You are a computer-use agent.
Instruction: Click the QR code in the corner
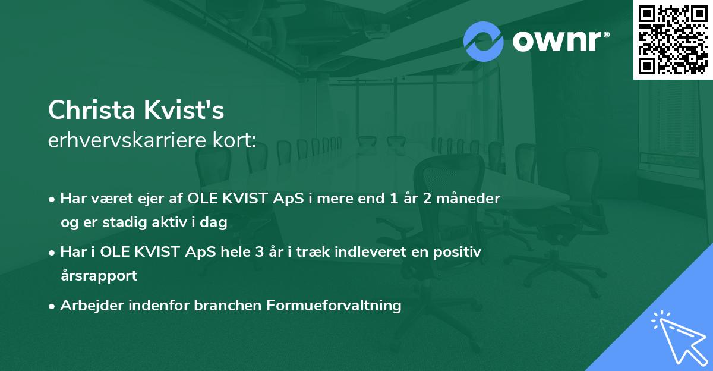pyautogui.click(x=673, y=39)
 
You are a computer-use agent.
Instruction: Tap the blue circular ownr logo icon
pyautogui.click(x=484, y=41)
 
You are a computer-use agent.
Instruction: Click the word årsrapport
pyautogui.click(x=99, y=275)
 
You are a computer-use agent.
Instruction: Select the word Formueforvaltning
pyautogui.click(x=335, y=306)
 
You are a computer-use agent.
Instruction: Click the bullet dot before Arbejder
pyautogui.click(x=52, y=306)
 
